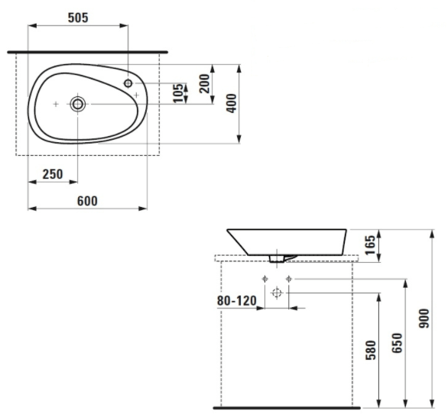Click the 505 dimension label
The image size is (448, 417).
click(x=78, y=18)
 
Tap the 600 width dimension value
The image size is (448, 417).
click(x=87, y=201)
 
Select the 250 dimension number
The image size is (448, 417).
click(x=53, y=174)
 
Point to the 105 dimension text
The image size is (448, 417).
click(x=179, y=93)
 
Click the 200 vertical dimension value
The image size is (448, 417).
click(x=205, y=83)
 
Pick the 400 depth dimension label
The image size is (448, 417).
click(x=232, y=103)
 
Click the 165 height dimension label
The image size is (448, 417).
click(x=370, y=245)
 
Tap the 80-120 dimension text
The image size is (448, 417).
click(x=236, y=301)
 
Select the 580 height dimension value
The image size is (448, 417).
click(x=371, y=351)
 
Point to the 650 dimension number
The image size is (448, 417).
click(x=397, y=343)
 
